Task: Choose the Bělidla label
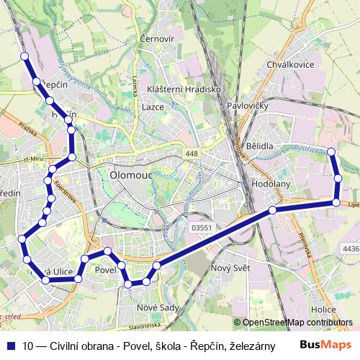coord(259,145)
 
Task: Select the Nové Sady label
coord(158,308)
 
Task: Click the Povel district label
coord(106,269)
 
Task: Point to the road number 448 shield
coord(192,154)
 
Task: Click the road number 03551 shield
coord(202,228)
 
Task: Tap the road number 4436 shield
coord(350,249)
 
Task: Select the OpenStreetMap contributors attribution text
coord(297,323)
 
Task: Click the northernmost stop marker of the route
coord(24,56)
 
